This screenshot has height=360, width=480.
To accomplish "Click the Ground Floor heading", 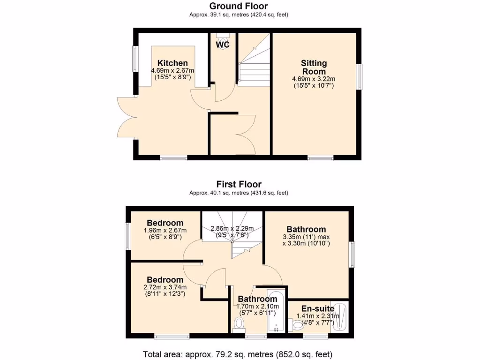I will [239, 6].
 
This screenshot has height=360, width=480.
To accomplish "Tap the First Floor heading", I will [239, 184].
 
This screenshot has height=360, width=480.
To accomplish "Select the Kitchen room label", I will [172, 63].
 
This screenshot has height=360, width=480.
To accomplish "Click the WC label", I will [223, 45].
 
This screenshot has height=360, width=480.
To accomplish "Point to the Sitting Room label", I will [314, 67].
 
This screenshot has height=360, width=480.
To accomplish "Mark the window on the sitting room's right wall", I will [360, 76].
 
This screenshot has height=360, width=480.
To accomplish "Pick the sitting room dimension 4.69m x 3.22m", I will [314, 79].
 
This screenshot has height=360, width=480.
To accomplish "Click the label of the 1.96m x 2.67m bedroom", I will [165, 223].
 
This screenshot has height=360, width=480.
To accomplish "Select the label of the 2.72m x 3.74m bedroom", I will [165, 280].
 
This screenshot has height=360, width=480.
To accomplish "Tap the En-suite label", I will [317, 308].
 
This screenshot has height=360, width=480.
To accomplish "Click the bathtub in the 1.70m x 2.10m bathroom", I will [275, 314].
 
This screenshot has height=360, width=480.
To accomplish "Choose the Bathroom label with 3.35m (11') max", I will [306, 229].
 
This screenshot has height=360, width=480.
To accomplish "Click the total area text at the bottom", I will [239, 354].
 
